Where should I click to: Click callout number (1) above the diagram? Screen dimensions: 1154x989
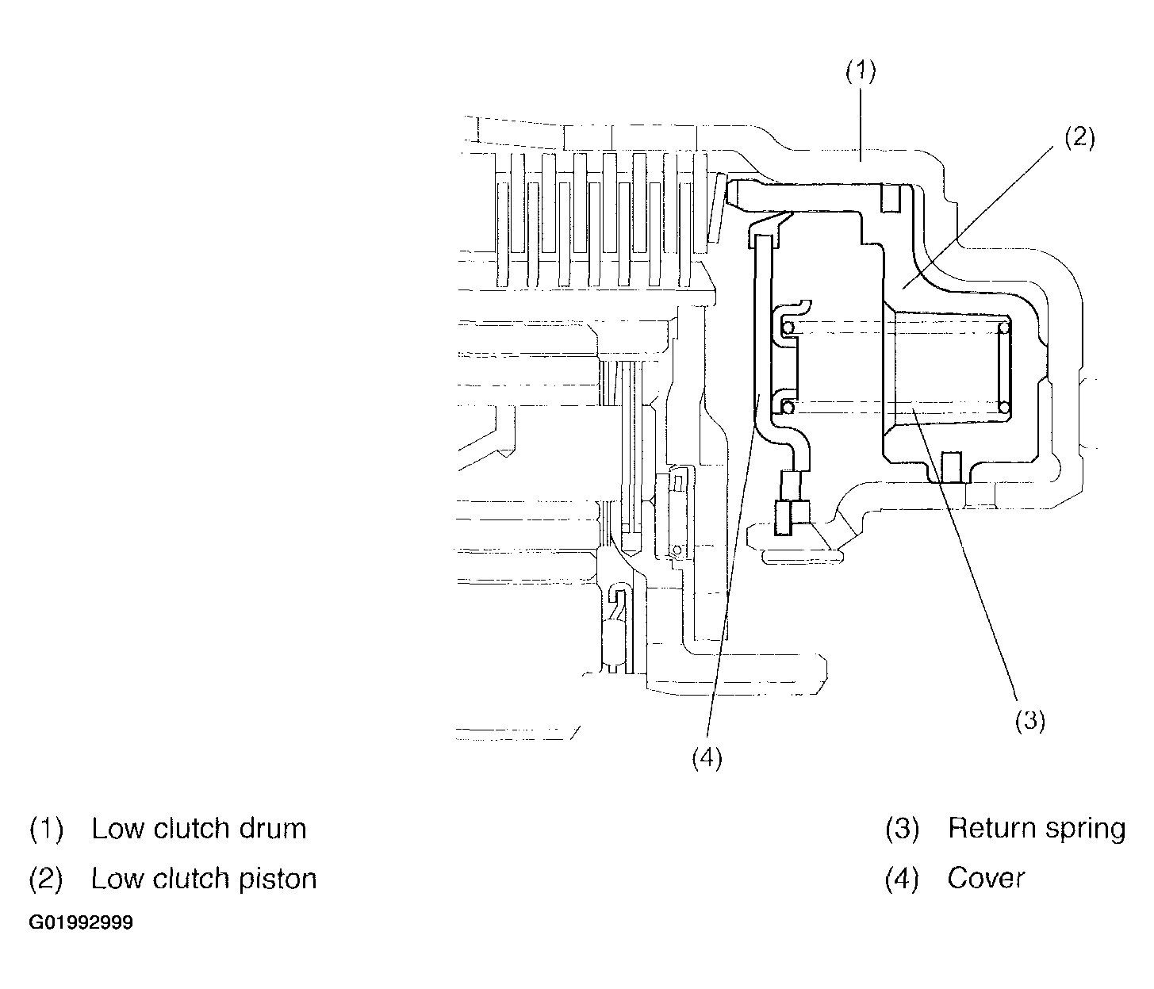(x=861, y=71)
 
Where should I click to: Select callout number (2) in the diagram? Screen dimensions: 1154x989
(x=1079, y=138)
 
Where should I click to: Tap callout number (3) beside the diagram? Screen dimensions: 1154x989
(x=1029, y=720)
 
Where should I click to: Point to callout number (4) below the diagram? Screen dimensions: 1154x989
(x=707, y=758)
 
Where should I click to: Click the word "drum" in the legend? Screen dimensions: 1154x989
(x=273, y=829)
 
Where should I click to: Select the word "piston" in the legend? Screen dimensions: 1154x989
(x=278, y=880)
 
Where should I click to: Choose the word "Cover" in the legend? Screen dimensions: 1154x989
(x=986, y=879)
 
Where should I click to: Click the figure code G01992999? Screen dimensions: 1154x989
(x=81, y=923)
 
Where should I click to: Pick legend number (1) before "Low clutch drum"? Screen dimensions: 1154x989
(x=46, y=829)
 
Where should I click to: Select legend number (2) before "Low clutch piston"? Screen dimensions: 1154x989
(x=46, y=880)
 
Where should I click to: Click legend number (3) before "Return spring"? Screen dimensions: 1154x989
(x=903, y=829)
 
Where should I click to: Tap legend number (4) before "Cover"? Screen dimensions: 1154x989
(x=903, y=879)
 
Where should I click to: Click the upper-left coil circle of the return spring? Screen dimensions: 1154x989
(x=788, y=328)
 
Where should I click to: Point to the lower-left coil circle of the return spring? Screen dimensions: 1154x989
(x=788, y=408)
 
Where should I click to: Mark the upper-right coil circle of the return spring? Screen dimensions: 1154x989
(x=1004, y=328)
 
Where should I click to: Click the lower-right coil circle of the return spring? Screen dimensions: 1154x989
(x=1004, y=408)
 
